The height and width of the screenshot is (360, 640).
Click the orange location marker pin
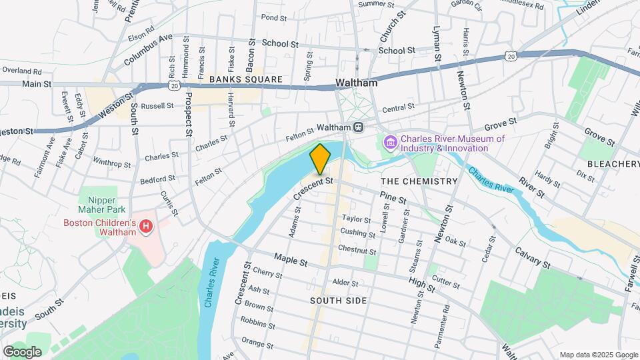pos(320,159)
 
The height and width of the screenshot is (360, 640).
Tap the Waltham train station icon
pos(359,127)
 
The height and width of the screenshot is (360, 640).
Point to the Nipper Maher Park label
pos(101,205)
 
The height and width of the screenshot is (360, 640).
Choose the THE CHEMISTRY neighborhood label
pos(419,181)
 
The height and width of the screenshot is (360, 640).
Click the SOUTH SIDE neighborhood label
pos(338,301)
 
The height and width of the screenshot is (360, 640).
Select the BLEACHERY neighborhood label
pos(613,164)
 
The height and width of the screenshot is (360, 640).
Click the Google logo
pos(22,351)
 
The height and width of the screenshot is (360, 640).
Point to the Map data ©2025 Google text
pos(598,355)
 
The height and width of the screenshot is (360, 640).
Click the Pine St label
pos(393,197)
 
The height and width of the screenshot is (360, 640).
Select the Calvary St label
pos(532,258)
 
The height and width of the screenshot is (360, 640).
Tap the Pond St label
pos(273,17)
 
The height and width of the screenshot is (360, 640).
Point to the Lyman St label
pos(437,45)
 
